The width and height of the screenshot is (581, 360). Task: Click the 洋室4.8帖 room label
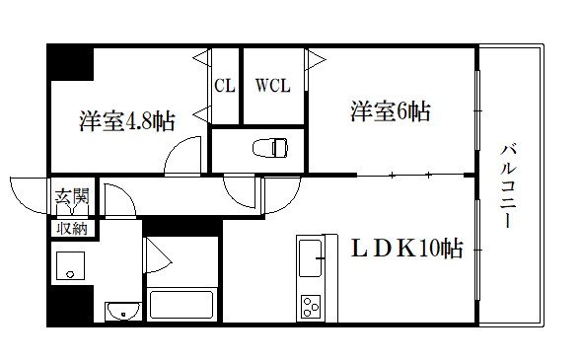coord(127,121)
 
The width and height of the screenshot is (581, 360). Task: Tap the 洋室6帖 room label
coord(389,110)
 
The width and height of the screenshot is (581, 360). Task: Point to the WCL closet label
coord(273,85)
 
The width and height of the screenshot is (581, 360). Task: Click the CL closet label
coord(225,85)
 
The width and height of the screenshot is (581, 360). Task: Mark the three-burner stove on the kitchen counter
coord(311,307)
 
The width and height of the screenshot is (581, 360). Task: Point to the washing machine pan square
coord(71,264)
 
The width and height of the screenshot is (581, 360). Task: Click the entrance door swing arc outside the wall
coord(27,193)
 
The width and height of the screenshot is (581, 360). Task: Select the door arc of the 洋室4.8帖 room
coord(183,156)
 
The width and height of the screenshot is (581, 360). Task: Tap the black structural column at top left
coord(69,64)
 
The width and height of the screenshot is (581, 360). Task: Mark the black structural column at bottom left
coord(69,305)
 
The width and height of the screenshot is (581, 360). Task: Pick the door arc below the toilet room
coord(243,187)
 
